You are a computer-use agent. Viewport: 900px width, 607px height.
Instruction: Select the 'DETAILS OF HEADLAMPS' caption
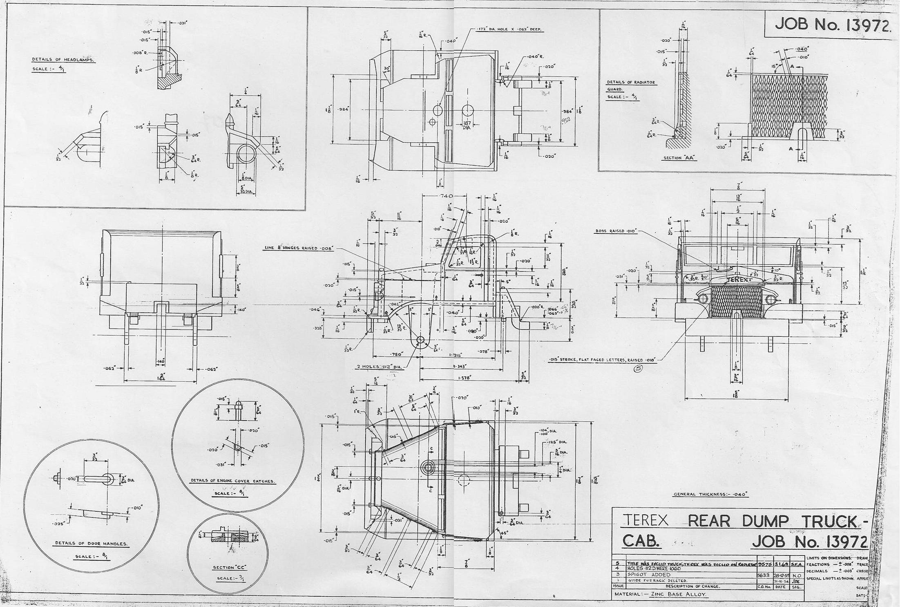click(x=63, y=60)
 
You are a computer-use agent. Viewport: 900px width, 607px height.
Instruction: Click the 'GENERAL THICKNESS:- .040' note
click(x=710, y=495)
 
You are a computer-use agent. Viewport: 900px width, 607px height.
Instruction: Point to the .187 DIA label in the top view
click(x=467, y=125)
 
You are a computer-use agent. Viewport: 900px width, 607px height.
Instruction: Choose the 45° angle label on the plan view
click(x=503, y=533)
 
